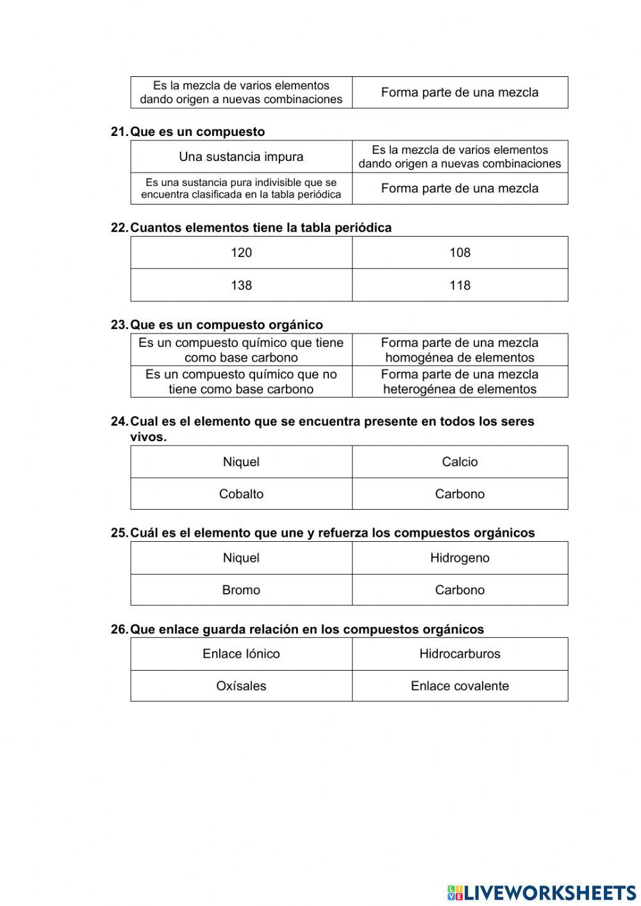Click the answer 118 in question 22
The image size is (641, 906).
click(x=460, y=285)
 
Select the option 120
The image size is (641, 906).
click(x=241, y=253)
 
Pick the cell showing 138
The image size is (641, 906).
click(x=241, y=285)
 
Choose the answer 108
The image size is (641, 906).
click(x=460, y=253)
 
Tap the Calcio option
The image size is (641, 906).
click(x=460, y=462)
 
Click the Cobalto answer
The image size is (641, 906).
click(x=241, y=494)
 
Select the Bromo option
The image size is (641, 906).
click(x=241, y=590)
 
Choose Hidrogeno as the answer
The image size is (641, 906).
click(x=460, y=558)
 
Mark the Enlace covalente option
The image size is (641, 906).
click(x=460, y=686)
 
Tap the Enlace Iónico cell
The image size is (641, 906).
click(x=241, y=654)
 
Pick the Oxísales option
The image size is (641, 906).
click(x=241, y=686)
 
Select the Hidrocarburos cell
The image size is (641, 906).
click(x=460, y=654)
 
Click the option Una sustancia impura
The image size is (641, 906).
click(x=241, y=157)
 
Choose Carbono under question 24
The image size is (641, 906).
click(x=460, y=494)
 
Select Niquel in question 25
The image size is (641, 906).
click(x=241, y=558)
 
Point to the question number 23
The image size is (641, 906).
click(x=119, y=325)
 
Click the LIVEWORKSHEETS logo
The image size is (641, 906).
click(x=542, y=892)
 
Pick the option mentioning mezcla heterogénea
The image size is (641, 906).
click(x=460, y=382)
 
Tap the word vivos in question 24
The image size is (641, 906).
click(x=147, y=437)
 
